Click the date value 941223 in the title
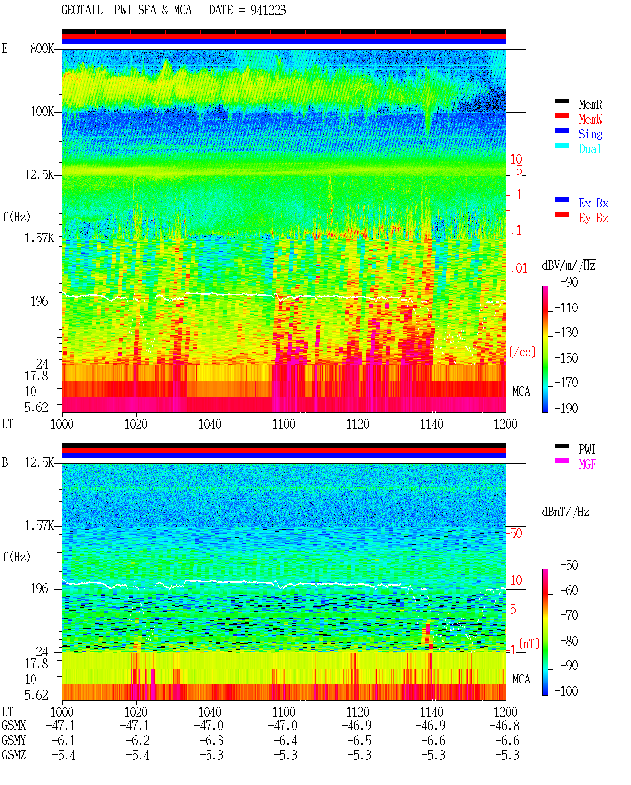(x=268, y=10)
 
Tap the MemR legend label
(x=590, y=104)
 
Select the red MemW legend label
(x=591, y=119)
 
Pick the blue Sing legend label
(x=590, y=134)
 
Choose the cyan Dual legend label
(x=590, y=149)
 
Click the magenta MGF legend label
(x=587, y=464)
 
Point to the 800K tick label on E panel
(x=42, y=48)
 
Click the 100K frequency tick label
(x=42, y=112)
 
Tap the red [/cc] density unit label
(x=522, y=352)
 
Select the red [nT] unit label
(x=529, y=643)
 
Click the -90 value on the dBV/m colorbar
(x=569, y=282)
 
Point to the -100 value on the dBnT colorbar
(x=566, y=691)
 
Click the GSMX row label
(x=14, y=725)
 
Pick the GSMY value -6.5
(x=359, y=741)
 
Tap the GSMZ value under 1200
(x=507, y=755)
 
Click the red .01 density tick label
(x=519, y=268)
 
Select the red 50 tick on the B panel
(x=516, y=533)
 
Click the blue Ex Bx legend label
(x=594, y=203)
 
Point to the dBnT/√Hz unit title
(x=565, y=512)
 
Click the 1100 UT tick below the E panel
(x=283, y=424)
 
